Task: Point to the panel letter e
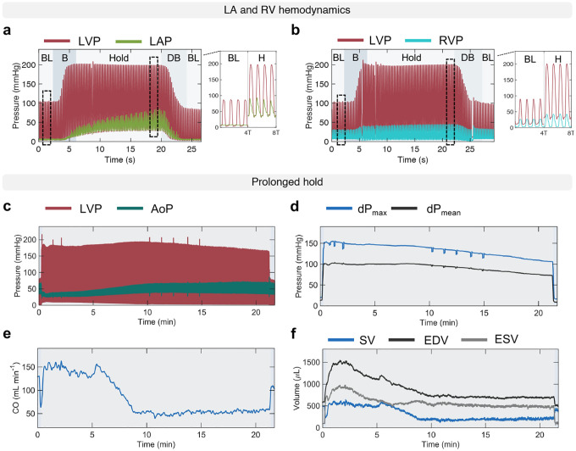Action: pyautogui.click(x=7, y=335)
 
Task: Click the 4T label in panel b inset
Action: pyautogui.click(x=542, y=132)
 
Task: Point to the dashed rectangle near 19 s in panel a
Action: pyautogui.click(x=153, y=97)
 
